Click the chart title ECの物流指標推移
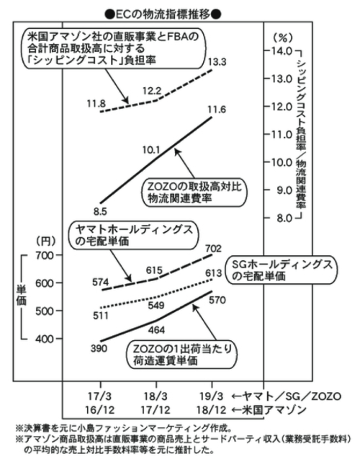coord(163,14)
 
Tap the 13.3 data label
coord(217,63)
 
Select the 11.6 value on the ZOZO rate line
coord(217,110)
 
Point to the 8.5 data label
coord(100,212)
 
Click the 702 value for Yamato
coord(213,249)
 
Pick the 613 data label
coord(213,273)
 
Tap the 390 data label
coord(99,349)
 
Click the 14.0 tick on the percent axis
coord(282,51)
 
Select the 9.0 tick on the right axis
coord(284,190)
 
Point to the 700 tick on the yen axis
coord(45,255)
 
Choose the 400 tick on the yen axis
coord(45,339)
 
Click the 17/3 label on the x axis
coord(100,396)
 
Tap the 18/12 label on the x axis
coord(211,410)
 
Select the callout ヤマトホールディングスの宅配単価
coord(133,235)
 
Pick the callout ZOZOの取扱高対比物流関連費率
coord(194,192)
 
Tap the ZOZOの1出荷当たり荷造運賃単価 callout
coord(181,355)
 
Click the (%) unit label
coord(282,37)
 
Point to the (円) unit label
coord(45,241)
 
